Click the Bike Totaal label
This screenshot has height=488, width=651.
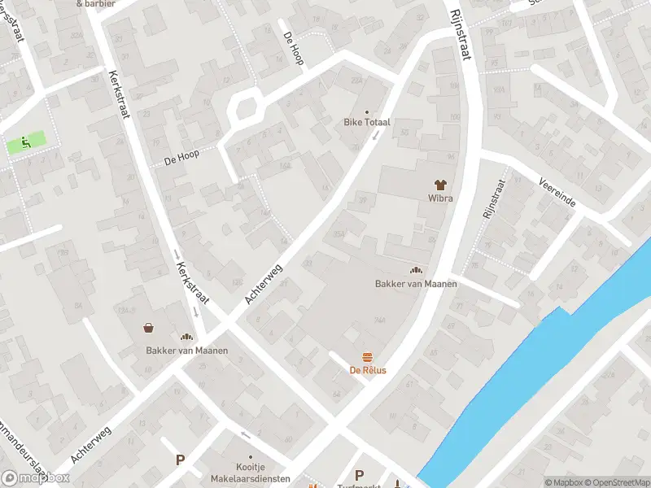click(x=366, y=122)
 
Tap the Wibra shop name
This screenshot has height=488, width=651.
click(x=440, y=198)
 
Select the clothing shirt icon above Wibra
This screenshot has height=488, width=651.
click(x=440, y=185)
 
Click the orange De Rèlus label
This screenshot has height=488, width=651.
click(x=368, y=371)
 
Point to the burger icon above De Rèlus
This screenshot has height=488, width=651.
click(x=368, y=357)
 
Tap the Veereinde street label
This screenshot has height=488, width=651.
click(x=557, y=192)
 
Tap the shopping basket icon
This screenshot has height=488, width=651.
click(x=150, y=329)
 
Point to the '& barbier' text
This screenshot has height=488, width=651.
click(x=95, y=3)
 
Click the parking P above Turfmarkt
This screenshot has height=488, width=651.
click(x=359, y=474)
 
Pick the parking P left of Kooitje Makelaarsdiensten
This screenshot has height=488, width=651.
click(x=180, y=460)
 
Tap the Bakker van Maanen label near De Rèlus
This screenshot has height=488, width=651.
click(x=416, y=284)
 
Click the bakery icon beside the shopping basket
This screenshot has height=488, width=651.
click(x=186, y=337)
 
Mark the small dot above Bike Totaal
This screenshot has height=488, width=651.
click(x=366, y=111)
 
